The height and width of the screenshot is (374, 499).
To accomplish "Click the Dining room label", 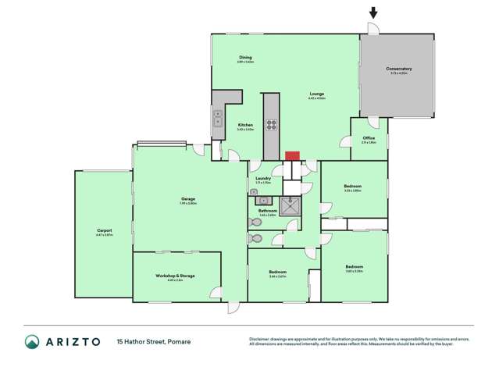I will [245, 57].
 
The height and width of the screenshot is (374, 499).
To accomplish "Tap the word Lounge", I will [315, 94].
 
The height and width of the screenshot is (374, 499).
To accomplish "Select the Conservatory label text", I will [398, 69].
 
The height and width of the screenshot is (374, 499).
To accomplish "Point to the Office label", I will [369, 138].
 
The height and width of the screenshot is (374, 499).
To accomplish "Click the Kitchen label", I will [245, 125].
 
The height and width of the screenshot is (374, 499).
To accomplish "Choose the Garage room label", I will [187, 199].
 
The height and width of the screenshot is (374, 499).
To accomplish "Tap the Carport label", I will [105, 230].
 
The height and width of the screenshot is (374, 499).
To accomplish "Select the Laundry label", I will [263, 178].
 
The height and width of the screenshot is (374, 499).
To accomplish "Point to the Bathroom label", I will [268, 210].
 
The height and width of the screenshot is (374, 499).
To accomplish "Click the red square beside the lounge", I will [292, 155].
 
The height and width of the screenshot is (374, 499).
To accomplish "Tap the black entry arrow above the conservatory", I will [373, 12].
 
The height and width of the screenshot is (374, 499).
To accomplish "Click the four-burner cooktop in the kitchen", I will [272, 123].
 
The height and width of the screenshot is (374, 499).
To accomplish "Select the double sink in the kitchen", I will [217, 118].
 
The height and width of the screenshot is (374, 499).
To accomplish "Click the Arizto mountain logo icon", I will [32, 341].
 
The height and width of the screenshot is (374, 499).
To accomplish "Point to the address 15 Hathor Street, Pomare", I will [154, 341].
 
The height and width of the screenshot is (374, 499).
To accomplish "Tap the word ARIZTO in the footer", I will [76, 341].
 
